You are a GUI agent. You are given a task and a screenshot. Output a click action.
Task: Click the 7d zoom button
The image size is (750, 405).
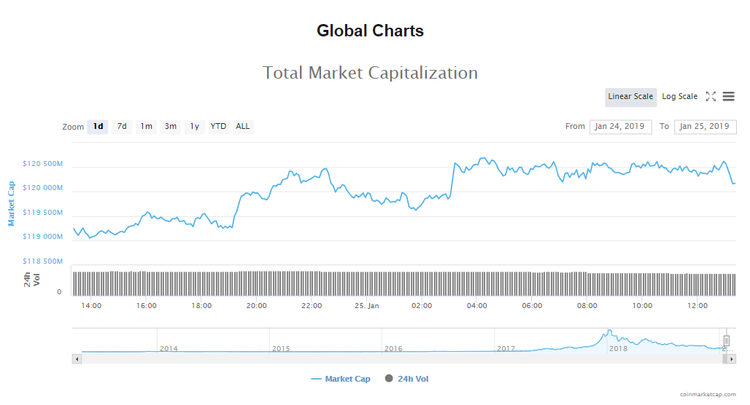[x=122, y=127]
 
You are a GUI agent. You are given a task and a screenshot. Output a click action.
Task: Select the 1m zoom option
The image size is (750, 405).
[x=147, y=127]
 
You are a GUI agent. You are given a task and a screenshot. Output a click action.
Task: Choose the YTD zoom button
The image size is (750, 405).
[x=218, y=127]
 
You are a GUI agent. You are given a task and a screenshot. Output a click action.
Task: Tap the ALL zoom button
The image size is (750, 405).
[x=243, y=127]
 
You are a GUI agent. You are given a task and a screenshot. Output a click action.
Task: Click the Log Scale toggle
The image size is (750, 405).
[x=679, y=97]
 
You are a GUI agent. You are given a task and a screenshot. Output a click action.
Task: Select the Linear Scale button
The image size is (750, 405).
[x=630, y=97]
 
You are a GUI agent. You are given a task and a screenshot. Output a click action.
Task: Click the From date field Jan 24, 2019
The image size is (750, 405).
[x=620, y=127]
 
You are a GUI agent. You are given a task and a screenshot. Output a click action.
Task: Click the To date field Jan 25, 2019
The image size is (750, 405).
[x=705, y=127]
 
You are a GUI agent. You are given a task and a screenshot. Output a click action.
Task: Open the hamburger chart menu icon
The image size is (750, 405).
[x=728, y=97]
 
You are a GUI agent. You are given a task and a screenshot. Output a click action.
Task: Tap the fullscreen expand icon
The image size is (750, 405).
[x=711, y=97]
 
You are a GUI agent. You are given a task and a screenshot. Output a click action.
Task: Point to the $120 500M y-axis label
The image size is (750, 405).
[x=43, y=165]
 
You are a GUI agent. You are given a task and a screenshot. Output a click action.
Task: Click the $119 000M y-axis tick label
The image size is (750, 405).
[x=43, y=237]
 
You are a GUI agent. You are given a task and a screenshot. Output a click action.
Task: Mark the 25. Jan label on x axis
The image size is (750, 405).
[x=366, y=306]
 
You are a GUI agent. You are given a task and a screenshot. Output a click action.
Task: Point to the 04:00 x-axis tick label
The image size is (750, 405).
[x=477, y=306]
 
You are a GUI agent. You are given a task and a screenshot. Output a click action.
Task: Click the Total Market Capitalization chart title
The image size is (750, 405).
[x=370, y=73]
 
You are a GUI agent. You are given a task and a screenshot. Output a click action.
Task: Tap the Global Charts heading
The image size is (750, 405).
[x=370, y=31]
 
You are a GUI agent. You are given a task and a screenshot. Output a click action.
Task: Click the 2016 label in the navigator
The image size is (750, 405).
[x=394, y=349]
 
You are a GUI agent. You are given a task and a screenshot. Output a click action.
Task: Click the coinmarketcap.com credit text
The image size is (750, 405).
[x=708, y=394]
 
